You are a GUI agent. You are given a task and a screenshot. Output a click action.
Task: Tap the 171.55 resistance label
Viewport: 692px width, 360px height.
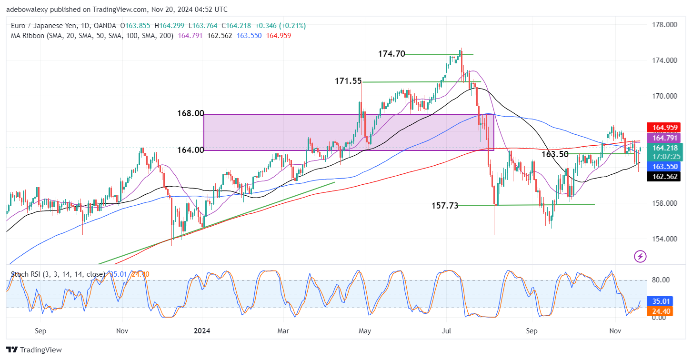tap(349, 81)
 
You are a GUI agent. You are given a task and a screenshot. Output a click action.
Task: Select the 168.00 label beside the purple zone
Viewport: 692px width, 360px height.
tap(191, 113)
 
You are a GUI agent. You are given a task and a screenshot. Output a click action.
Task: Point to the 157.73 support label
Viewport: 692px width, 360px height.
tap(445, 205)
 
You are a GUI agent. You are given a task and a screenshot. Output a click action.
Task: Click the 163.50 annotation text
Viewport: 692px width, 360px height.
tap(555, 154)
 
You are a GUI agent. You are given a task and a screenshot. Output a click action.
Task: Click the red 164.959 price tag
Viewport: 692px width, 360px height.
tap(663, 128)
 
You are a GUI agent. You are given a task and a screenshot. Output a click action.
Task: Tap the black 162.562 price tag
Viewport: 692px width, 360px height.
tap(663, 176)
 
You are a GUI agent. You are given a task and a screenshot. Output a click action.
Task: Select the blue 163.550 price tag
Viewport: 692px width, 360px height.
tap(663, 167)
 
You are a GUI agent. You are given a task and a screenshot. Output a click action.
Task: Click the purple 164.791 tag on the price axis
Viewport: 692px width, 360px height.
tap(663, 138)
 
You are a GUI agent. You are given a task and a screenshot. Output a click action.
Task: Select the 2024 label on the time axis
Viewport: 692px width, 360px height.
tap(202, 330)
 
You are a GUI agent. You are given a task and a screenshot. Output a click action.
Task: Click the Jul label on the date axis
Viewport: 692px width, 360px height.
tap(447, 330)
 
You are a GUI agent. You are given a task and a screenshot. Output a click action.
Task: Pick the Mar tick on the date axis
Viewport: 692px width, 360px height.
tap(283, 330)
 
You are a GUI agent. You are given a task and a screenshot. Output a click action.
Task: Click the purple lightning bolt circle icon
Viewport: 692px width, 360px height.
tap(640, 257)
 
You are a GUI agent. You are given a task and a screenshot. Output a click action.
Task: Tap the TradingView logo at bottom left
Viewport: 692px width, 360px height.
tap(34, 350)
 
